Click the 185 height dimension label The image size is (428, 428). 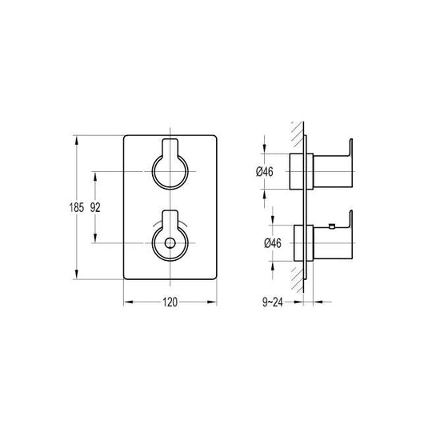point(75,206)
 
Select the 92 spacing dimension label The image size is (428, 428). point(96,206)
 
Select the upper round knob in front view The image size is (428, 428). point(170,171)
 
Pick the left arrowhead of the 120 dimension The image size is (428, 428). point(126,302)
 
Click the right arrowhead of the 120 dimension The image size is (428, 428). point(214,302)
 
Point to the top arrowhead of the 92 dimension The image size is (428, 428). point(97,174)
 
